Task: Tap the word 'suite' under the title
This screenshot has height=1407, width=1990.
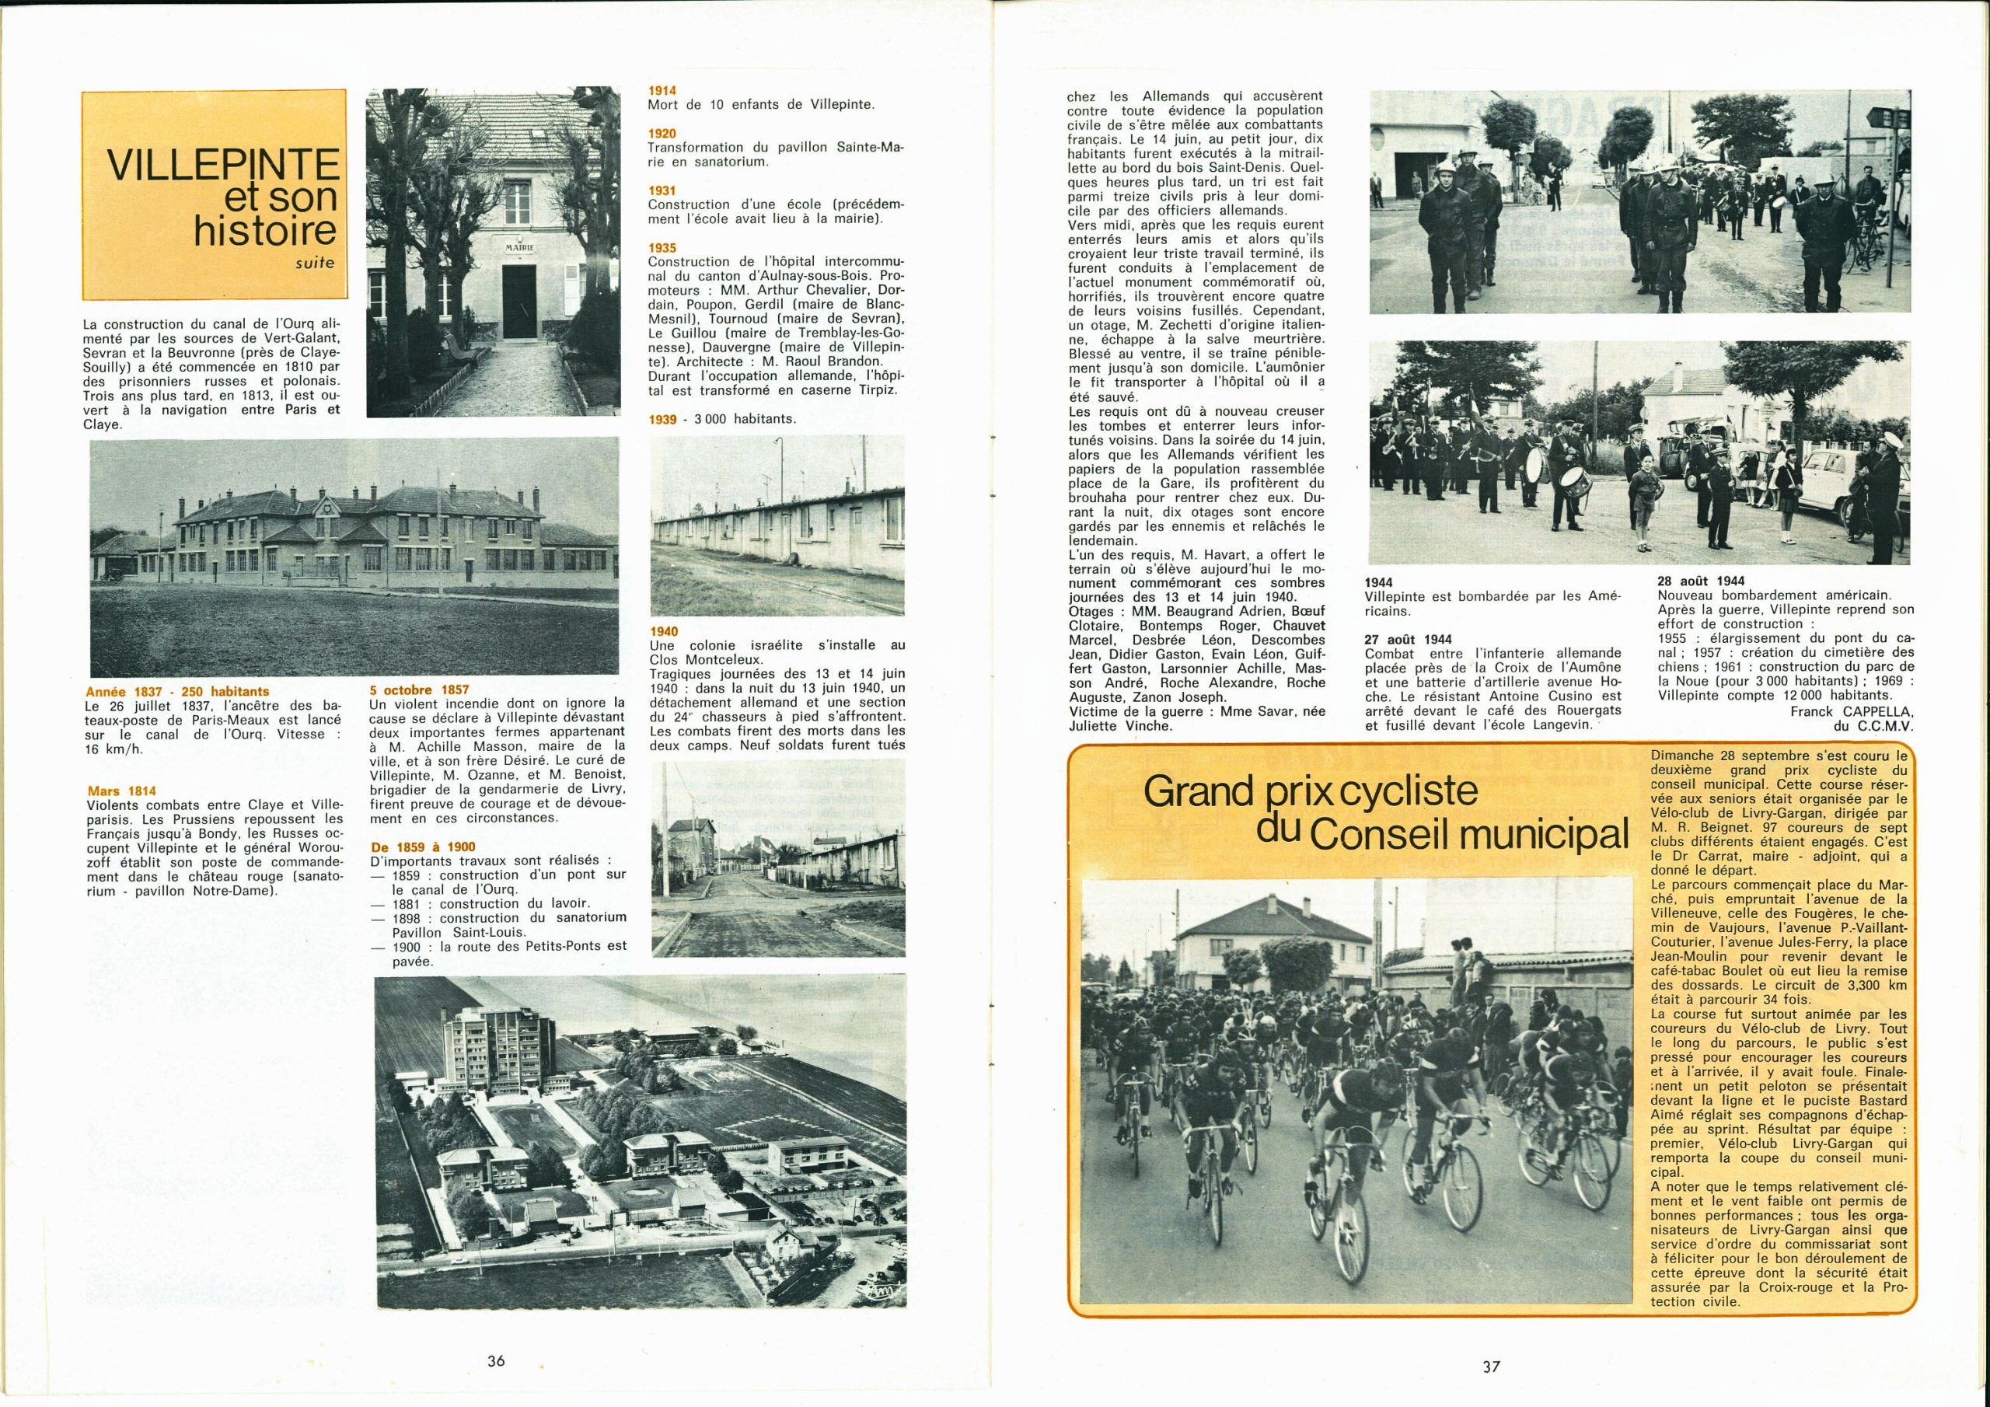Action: point(314,261)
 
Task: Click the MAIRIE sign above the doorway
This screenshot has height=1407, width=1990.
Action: point(520,247)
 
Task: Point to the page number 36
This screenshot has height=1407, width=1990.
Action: point(496,1360)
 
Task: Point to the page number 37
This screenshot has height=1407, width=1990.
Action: point(1491,1367)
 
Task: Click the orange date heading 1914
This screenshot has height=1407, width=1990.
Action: point(662,90)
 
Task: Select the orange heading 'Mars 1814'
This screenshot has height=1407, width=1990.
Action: point(121,791)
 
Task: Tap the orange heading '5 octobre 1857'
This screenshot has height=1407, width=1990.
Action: point(419,690)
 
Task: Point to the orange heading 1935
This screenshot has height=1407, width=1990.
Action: point(662,248)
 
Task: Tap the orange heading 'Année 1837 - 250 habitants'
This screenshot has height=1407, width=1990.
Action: point(176,691)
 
